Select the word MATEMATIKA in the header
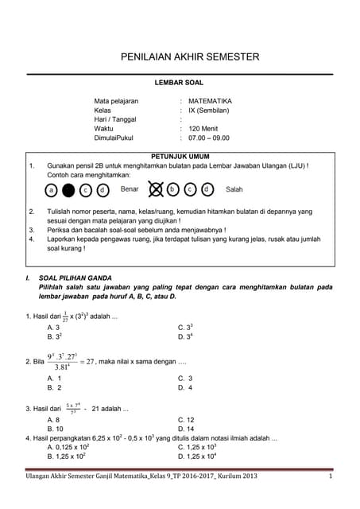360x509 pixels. pyautogui.click(x=210, y=101)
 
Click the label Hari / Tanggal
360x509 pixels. pyautogui.click(x=115, y=119)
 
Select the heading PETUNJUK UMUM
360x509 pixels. pyautogui.click(x=180, y=157)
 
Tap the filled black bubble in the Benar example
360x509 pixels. pyautogui.click(x=68, y=190)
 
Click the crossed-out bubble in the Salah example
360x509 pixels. pyautogui.click(x=155, y=189)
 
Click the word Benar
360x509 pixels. pyautogui.click(x=129, y=189)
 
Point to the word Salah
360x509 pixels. pyautogui.click(x=234, y=189)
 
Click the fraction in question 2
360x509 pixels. pyautogui.click(x=65, y=361)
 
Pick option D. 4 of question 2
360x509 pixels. pyautogui.click(x=185, y=387)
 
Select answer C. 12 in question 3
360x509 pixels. pyautogui.click(x=187, y=419)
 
